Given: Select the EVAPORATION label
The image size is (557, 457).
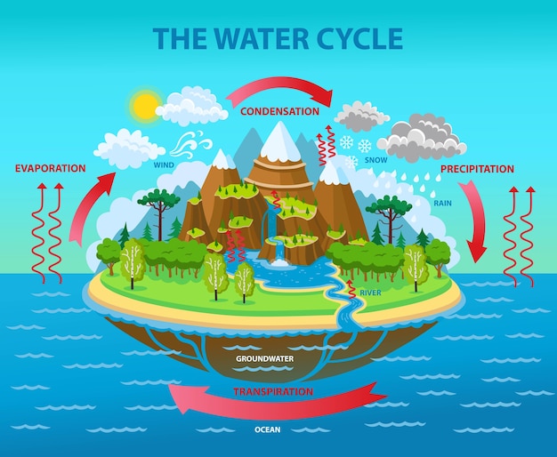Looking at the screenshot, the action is [51, 168].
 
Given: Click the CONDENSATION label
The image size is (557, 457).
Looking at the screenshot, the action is [280, 111].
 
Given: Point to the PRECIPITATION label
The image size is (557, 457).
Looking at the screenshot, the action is [477, 169].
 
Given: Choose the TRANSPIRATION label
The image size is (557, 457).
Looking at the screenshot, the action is [273, 392].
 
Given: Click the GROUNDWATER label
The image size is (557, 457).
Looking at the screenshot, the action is [265, 358].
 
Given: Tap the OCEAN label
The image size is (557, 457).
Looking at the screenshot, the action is [268, 429].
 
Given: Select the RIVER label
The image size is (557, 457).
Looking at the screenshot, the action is [370, 293].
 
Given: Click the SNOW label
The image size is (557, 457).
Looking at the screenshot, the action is [376, 160].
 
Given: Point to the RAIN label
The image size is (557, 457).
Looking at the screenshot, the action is [442, 203].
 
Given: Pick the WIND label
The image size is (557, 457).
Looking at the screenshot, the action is [164, 164].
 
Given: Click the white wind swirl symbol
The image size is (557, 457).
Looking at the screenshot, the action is [190, 144].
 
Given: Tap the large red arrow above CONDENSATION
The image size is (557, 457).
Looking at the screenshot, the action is [279, 89].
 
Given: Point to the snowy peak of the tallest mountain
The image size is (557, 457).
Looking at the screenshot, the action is [280, 140].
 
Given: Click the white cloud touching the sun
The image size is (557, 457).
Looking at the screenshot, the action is [192, 107].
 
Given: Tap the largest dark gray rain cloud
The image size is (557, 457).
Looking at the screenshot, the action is [422, 138].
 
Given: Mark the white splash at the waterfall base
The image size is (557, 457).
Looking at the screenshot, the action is [280, 263].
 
